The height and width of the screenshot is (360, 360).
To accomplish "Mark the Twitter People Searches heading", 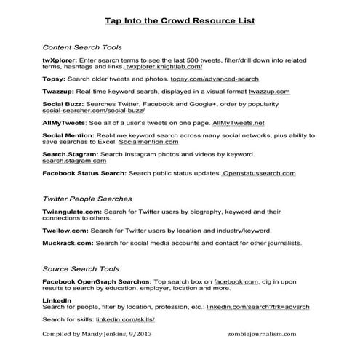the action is (x=87, y=198).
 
